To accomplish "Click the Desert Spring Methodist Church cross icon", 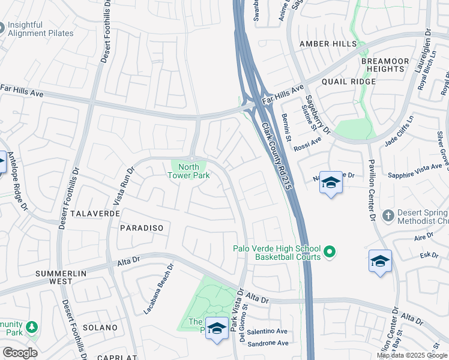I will (x=389, y=215).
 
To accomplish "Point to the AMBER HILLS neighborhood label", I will (x=328, y=44).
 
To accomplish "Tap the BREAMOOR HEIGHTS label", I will (x=385, y=65).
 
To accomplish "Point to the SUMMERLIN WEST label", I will (x=61, y=277).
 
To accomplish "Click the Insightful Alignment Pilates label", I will (x=41, y=29).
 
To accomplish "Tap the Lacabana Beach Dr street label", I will (x=157, y=289).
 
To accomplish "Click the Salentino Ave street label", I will (x=267, y=331).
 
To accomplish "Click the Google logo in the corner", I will (x=20, y=353).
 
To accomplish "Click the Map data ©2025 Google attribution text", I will (x=412, y=355).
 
